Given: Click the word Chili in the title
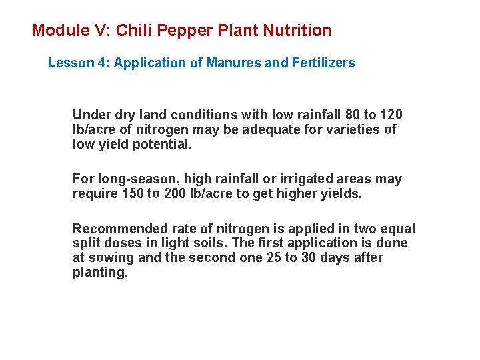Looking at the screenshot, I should click(x=132, y=31).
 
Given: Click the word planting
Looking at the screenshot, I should click(x=99, y=273).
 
